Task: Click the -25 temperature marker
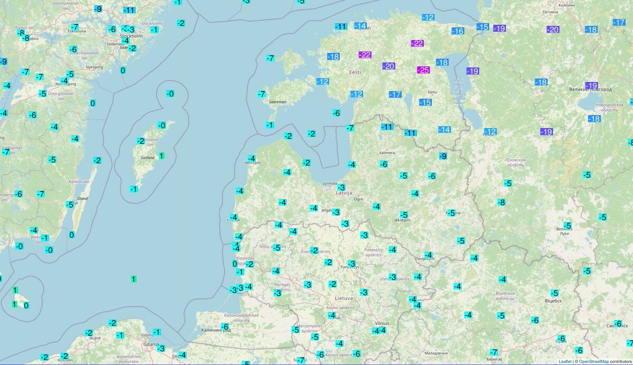423,70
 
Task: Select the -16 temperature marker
457,31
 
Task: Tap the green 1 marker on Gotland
161,155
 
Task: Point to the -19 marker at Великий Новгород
591,86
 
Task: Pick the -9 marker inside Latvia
443,155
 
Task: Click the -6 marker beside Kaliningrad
225,327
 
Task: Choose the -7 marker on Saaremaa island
261,94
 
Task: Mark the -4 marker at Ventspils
252,159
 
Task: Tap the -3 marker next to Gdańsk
161,348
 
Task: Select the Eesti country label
355,72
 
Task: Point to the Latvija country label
343,193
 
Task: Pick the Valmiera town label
387,152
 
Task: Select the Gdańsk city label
151,344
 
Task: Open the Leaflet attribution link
564,361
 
